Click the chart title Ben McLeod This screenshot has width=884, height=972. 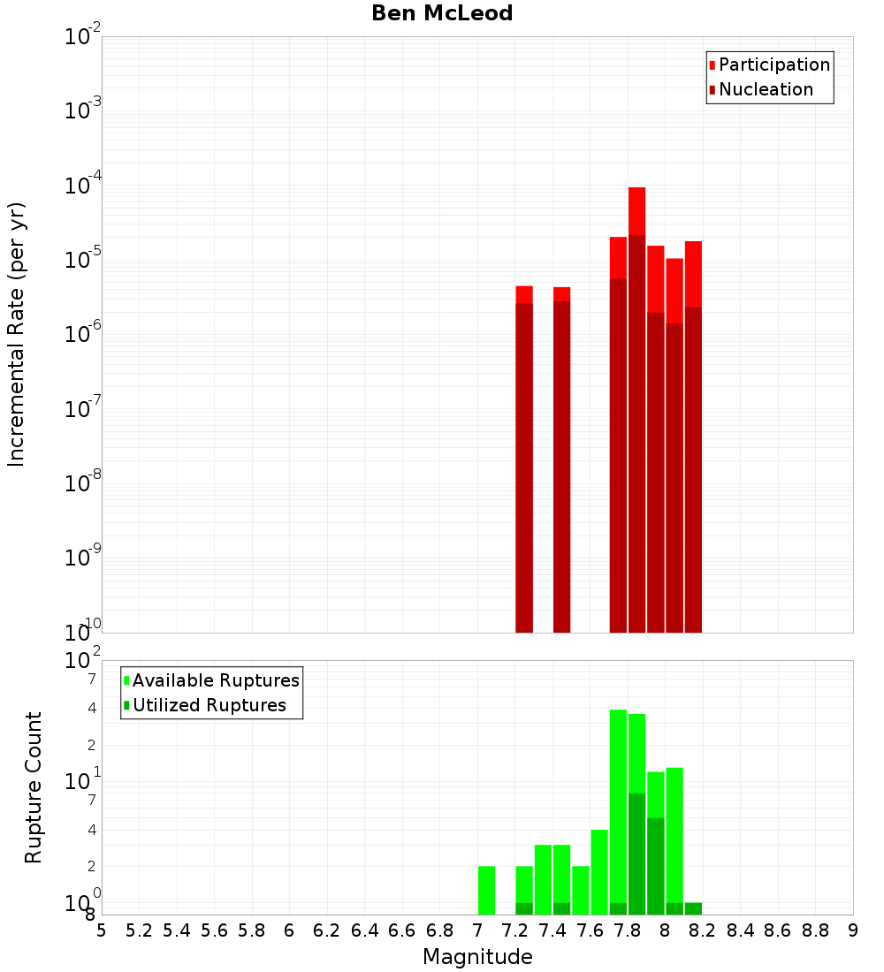click(442, 13)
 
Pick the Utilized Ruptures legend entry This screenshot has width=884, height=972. click(209, 705)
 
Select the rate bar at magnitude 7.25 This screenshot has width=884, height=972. click(524, 459)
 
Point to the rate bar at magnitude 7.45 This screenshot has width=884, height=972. click(562, 459)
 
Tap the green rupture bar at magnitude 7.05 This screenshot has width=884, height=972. click(486, 890)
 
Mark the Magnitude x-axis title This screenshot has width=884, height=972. click(477, 957)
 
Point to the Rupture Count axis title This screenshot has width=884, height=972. click(34, 787)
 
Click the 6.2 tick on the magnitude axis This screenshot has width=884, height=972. click(327, 930)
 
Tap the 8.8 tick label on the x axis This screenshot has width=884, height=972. click(815, 930)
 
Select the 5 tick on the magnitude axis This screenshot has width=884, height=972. click(102, 930)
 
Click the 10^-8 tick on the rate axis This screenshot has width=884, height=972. click(81, 484)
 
